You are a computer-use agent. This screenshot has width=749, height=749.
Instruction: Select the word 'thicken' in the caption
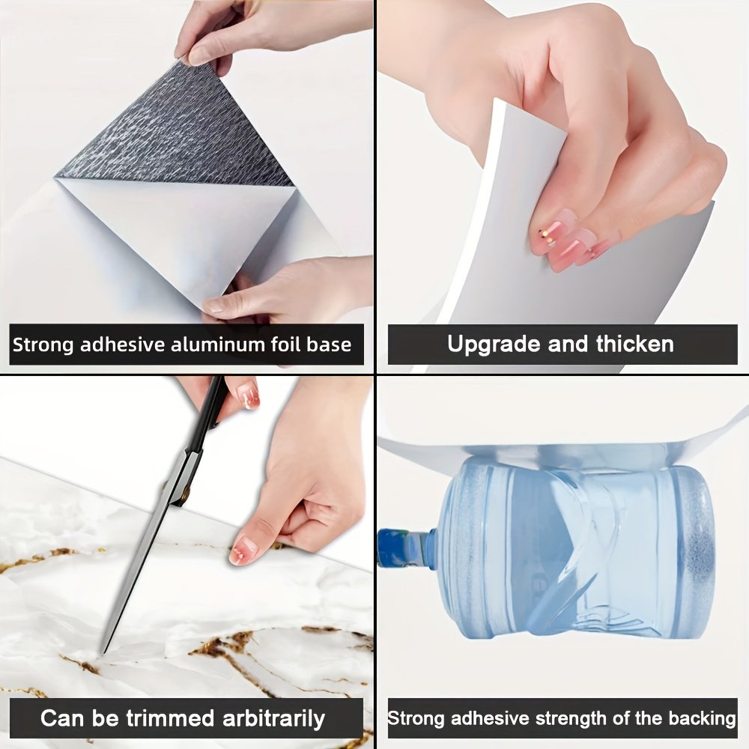click(635, 344)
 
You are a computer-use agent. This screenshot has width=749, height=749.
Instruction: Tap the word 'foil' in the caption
click(285, 344)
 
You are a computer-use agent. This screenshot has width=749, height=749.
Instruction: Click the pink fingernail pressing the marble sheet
click(243, 551)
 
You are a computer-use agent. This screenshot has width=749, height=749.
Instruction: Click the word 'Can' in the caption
click(63, 718)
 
